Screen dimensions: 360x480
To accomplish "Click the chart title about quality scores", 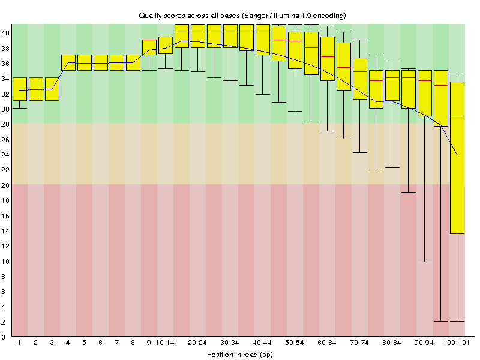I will tap(242, 15).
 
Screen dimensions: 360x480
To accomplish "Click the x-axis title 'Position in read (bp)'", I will tap(240, 355).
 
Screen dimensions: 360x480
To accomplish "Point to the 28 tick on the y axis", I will tap(5, 124).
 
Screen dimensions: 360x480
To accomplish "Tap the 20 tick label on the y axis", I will tap(5, 185).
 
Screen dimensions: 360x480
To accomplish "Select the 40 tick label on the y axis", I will tap(5, 33).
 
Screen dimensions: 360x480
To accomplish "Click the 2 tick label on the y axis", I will tap(5, 322).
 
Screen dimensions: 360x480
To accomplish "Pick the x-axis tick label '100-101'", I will tap(457, 343).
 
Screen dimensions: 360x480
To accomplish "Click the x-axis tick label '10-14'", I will tap(165, 343).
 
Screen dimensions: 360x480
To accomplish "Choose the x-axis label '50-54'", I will tap(295, 343).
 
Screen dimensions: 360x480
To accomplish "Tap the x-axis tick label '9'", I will tap(149, 343).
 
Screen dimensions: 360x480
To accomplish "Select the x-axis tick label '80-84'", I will tap(392, 343).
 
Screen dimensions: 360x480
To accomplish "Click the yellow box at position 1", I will tap(19, 89).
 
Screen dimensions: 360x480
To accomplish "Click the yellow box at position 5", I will tap(84, 62).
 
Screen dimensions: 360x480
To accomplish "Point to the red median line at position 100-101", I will tap(457, 115).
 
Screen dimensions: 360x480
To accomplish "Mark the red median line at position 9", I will tap(149, 40).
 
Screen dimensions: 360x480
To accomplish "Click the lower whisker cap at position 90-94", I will tap(425, 262).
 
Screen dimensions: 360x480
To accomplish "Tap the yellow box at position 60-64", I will tap(327, 58).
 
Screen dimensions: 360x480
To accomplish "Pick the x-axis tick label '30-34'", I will tap(230, 343).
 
